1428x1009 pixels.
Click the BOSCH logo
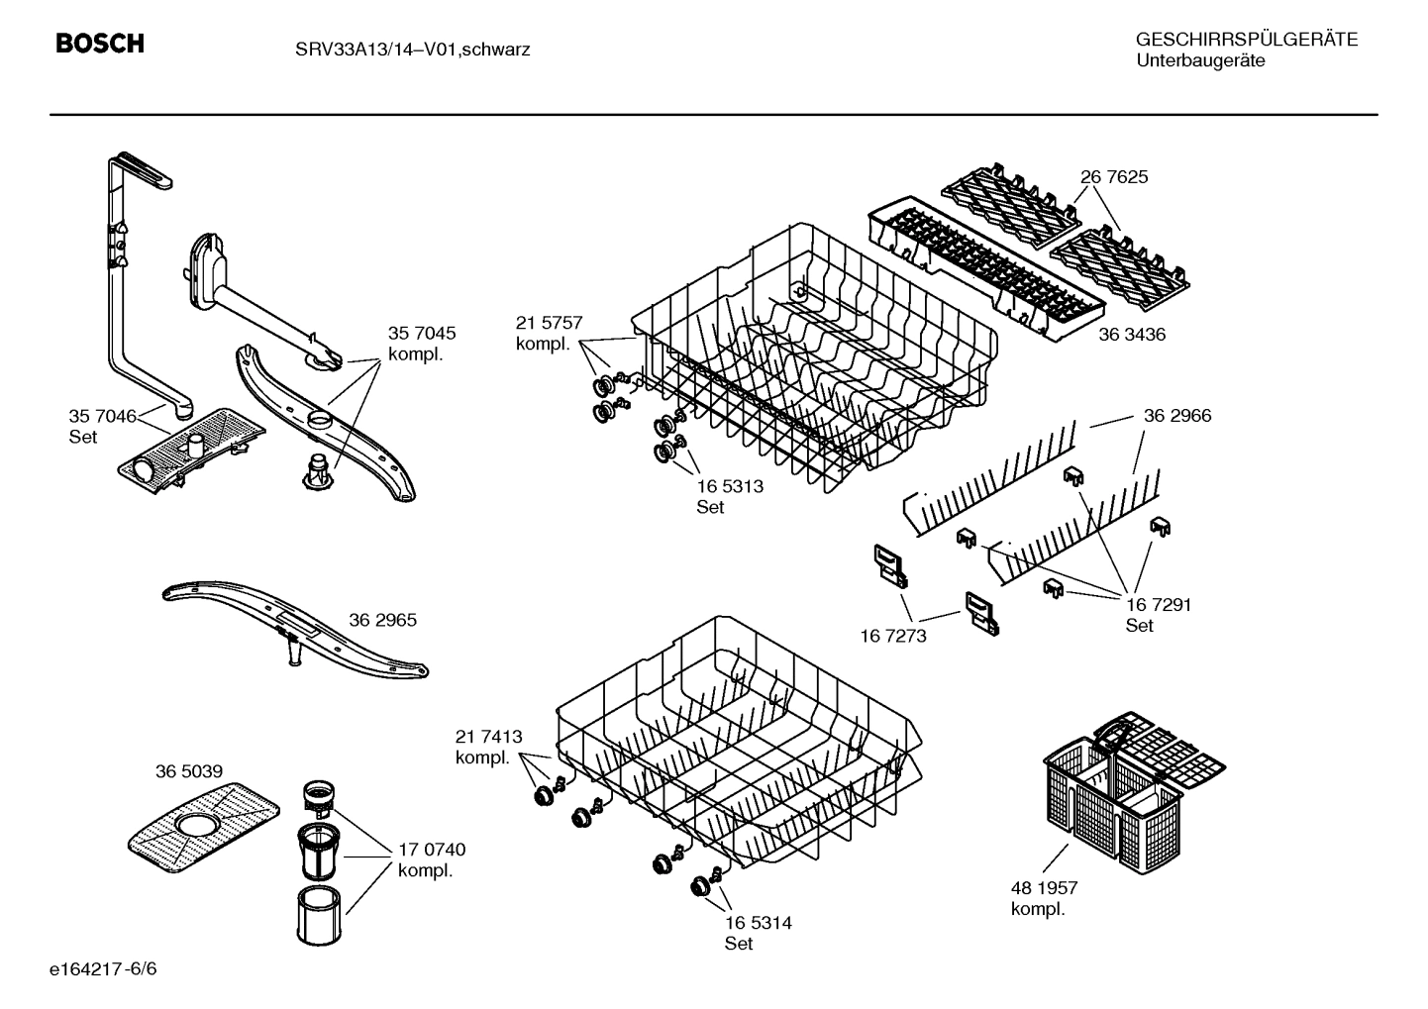100,44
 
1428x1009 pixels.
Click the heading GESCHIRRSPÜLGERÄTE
1246,40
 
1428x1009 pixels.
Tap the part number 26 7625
1114,177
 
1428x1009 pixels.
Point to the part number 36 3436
1132,335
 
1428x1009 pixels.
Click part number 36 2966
1177,416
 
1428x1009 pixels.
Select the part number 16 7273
893,636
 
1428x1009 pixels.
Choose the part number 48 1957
1044,888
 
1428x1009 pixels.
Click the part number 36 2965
382,620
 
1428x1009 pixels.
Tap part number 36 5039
188,771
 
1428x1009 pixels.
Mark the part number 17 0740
432,850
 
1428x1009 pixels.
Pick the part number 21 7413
488,737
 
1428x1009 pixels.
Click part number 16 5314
758,923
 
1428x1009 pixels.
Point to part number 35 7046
102,416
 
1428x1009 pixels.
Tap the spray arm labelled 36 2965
296,631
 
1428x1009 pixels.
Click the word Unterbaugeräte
1200,60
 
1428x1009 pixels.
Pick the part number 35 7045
422,334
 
